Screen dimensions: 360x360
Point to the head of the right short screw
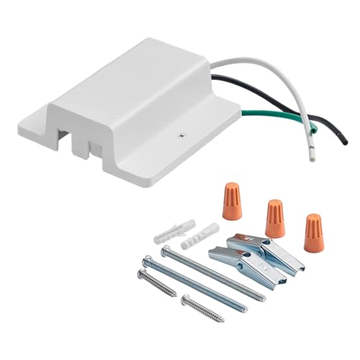pos(186,297)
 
